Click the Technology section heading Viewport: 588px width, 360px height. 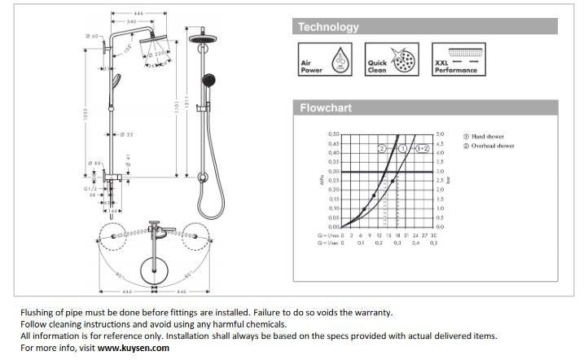pyautogui.click(x=328, y=27)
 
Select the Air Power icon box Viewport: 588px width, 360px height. pyautogui.click(x=325, y=60)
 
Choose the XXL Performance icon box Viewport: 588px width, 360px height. pyautogui.click(x=455, y=60)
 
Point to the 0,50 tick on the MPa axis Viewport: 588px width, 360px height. pyautogui.click(x=332, y=134)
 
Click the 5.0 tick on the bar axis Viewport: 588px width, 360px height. pyautogui.click(x=440, y=134)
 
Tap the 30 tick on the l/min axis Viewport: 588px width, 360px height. pyautogui.click(x=434, y=235)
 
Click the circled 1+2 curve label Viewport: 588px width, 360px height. pyautogui.click(x=422, y=149)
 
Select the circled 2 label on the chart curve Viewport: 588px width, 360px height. pyautogui.click(x=382, y=149)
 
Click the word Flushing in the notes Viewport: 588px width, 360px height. pyautogui.click(x=37, y=312)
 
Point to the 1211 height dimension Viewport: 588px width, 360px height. pyautogui.click(x=186, y=106)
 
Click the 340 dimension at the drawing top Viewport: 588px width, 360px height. pyautogui.click(x=130, y=22)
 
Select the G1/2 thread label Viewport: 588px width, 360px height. pyautogui.click(x=90, y=187)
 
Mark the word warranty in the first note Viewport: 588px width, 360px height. pyautogui.click(x=370, y=312)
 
